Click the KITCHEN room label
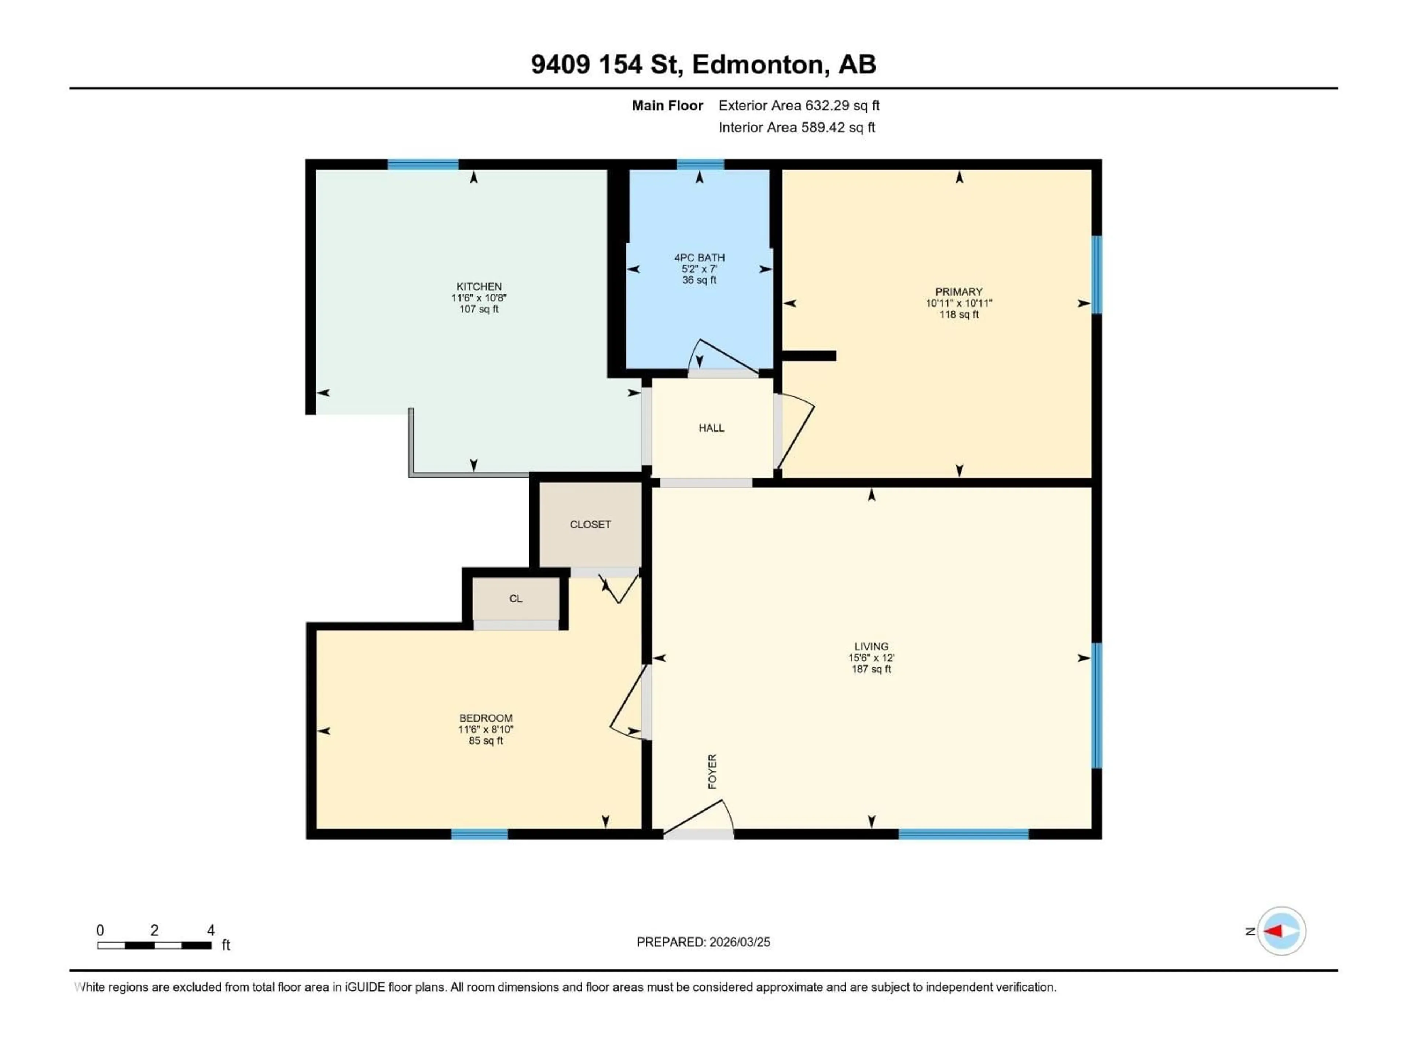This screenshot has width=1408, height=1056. (478, 286)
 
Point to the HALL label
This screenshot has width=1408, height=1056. (711, 428)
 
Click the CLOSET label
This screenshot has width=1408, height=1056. (590, 524)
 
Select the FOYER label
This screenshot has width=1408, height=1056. (712, 771)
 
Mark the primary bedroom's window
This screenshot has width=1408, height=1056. (1097, 275)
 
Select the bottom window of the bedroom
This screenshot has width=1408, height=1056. (479, 834)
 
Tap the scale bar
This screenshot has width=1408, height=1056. (154, 945)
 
